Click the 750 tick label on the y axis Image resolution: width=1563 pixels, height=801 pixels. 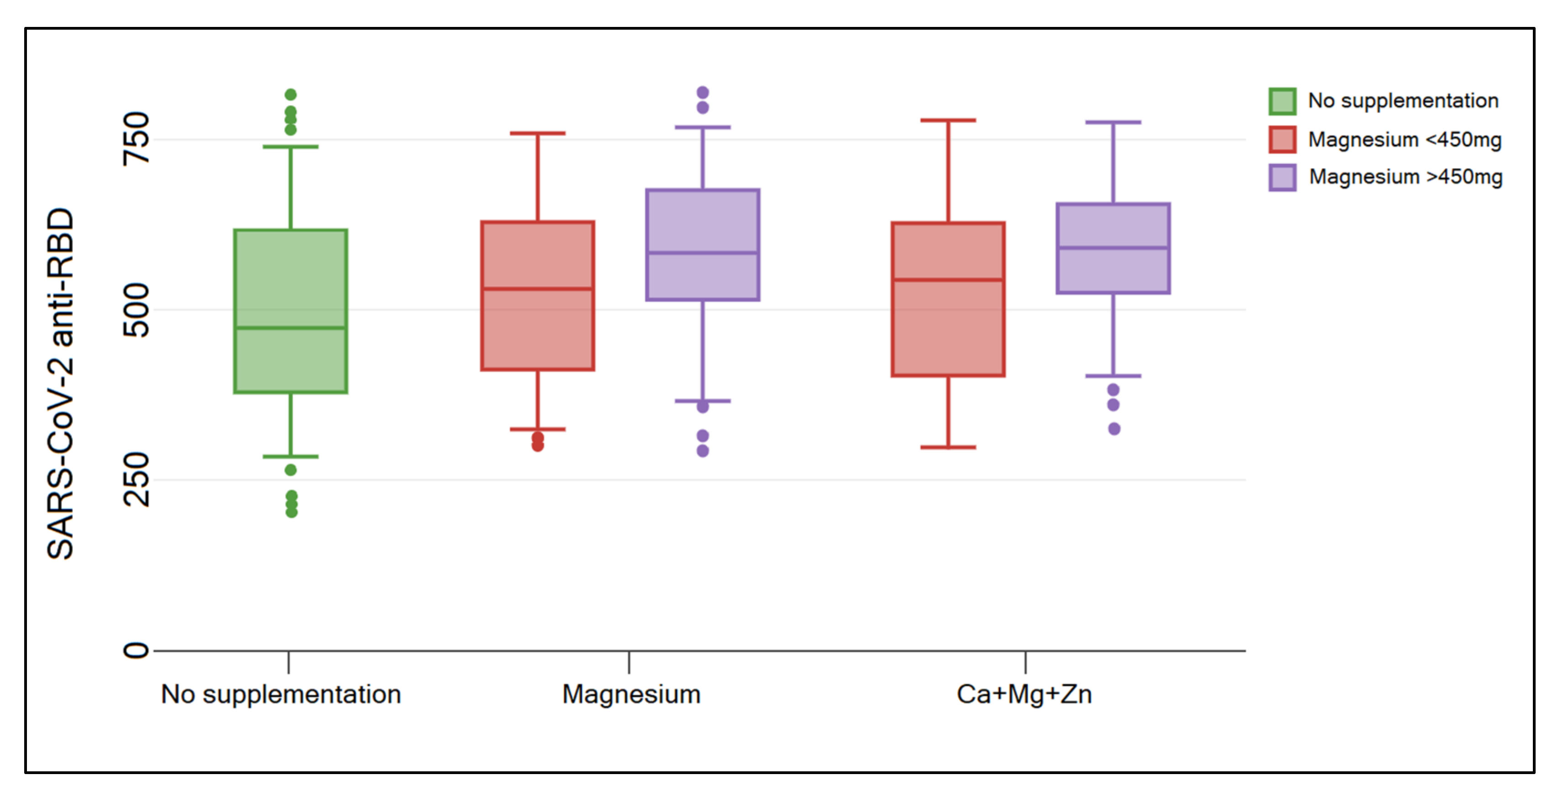(136, 139)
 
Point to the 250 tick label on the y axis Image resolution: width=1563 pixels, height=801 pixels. (136, 480)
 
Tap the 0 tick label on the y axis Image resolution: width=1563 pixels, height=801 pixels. (136, 651)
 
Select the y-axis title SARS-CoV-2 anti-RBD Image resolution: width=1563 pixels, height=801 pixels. (61, 383)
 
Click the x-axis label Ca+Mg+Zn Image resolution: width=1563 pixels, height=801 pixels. (1024, 694)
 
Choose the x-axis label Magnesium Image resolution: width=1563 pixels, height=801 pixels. (631, 694)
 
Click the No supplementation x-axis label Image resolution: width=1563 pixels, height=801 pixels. (281, 694)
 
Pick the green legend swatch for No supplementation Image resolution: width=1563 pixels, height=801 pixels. (1282, 101)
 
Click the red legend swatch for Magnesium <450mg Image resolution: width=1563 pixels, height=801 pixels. (1282, 140)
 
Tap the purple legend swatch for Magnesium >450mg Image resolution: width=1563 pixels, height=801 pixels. (1282, 177)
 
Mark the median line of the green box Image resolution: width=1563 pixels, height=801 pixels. (290, 328)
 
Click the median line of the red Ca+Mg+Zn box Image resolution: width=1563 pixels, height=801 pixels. (948, 280)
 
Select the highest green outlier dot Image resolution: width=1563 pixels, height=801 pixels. (290, 94)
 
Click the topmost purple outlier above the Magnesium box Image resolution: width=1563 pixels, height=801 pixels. (703, 93)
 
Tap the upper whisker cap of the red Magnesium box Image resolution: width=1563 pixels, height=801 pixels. (537, 133)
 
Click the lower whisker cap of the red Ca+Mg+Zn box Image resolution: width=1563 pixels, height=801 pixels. (948, 447)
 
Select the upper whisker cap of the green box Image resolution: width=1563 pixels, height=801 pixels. (290, 147)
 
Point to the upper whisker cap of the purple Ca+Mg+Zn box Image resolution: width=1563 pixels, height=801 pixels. (1113, 122)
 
